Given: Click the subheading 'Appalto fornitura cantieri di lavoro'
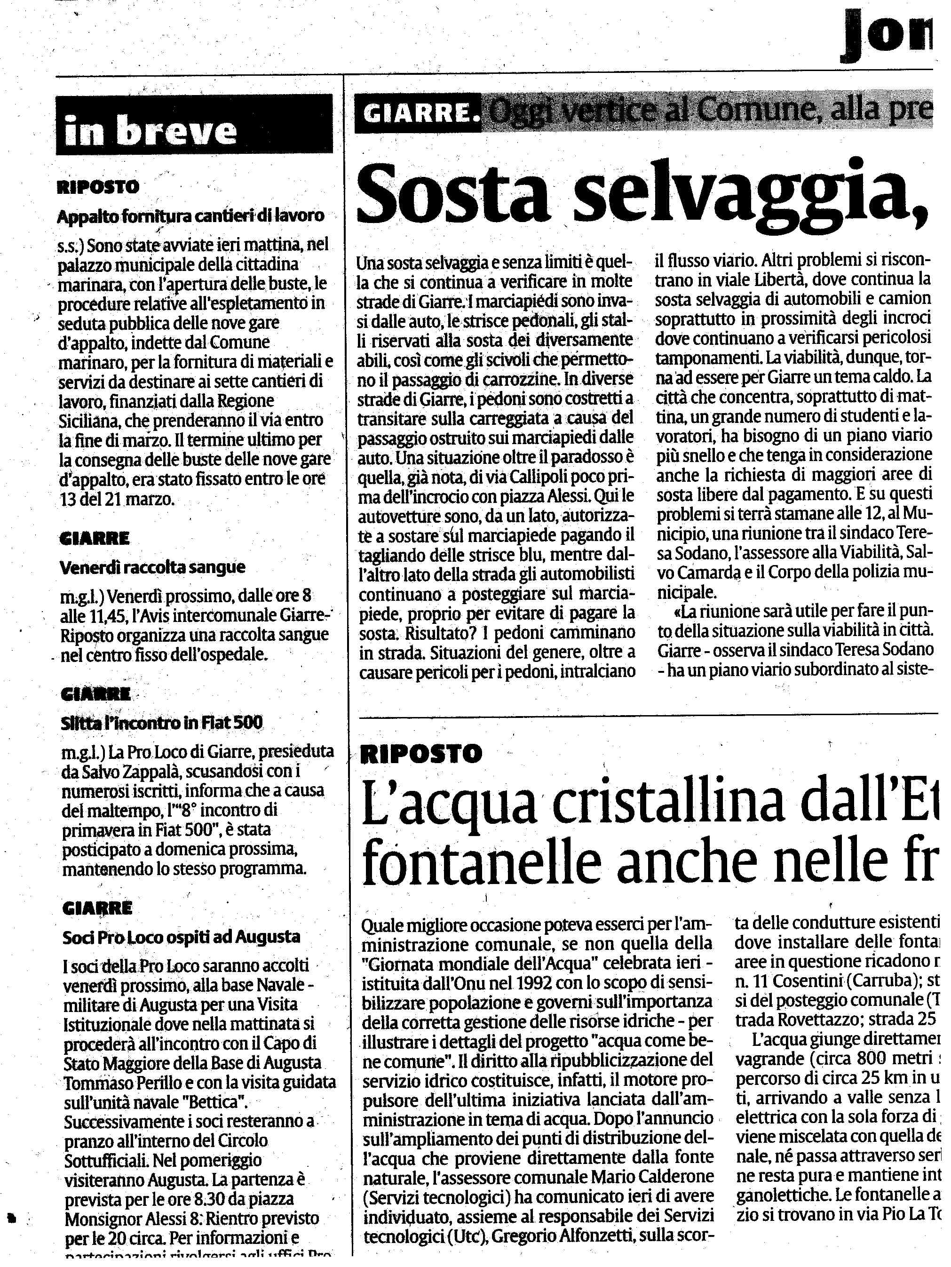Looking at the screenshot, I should [x=190, y=216].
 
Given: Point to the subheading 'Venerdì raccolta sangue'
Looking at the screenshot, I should [x=152, y=567].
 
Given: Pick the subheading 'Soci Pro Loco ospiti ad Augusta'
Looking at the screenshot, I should [x=181, y=937].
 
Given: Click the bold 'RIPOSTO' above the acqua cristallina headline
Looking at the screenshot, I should [x=421, y=754].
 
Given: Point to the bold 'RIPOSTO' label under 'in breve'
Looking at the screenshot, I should [x=98, y=187].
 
